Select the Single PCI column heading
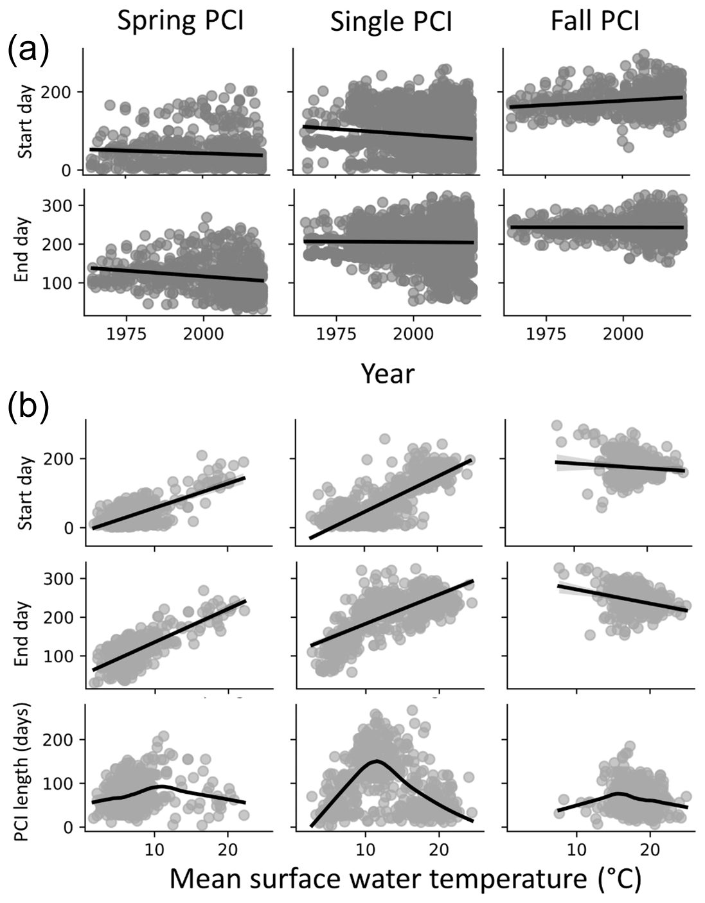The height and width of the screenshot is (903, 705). click(x=391, y=22)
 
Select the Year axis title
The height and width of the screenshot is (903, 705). click(x=388, y=373)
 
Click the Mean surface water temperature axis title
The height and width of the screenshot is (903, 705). click(x=405, y=879)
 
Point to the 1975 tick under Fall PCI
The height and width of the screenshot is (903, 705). click(x=546, y=334)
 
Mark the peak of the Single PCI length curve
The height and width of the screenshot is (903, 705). click(x=376, y=761)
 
